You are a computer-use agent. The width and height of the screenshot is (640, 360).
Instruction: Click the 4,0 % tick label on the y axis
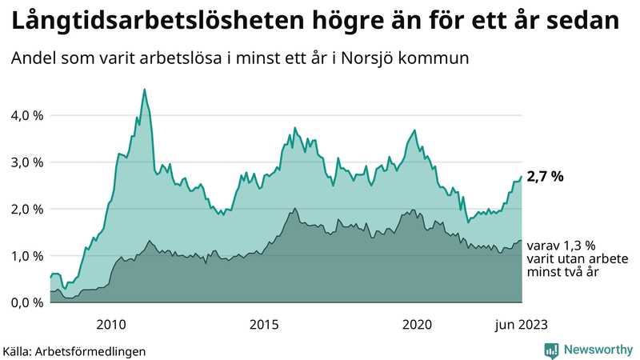tap(26, 115)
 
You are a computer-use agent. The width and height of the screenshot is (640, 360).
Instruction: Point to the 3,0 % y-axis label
tap(26, 162)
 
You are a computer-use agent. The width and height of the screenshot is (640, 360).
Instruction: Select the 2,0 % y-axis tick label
tap(26, 209)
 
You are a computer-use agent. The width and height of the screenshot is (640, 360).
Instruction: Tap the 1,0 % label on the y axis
tap(26, 256)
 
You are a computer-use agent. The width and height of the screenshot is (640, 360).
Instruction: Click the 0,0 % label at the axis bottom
tap(26, 302)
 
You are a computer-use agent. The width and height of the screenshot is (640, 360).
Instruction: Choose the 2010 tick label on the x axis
tap(110, 324)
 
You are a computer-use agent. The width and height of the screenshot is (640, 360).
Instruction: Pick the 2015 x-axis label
tap(263, 324)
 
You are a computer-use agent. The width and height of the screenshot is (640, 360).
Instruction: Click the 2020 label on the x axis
tap(416, 324)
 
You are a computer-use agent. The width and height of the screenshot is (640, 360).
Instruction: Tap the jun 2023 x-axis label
tap(521, 324)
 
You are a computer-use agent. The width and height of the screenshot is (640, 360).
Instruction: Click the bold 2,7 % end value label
tap(545, 177)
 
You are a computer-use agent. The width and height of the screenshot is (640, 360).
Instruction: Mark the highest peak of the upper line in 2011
tap(144, 90)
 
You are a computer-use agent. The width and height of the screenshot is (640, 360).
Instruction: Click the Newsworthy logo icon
tap(551, 350)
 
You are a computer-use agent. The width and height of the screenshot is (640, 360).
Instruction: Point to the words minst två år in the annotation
tap(563, 273)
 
